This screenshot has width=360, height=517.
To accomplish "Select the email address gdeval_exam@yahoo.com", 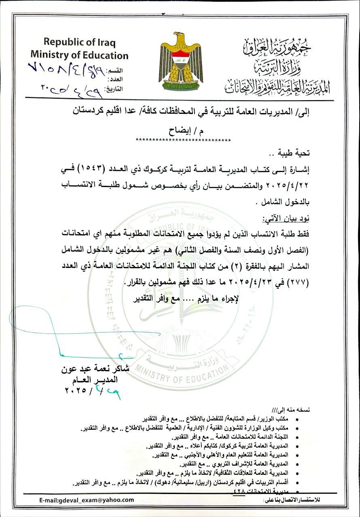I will [87, 500].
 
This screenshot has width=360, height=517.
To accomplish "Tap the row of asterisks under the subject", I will [183, 140].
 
